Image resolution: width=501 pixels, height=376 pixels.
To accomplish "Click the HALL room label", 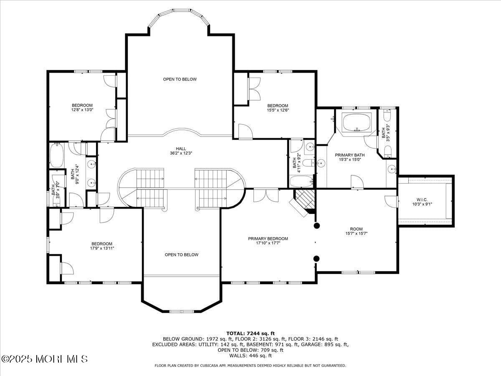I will (181, 148).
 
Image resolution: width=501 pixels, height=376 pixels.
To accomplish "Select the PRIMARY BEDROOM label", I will (268, 239).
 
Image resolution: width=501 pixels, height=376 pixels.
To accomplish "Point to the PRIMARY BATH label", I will (350, 155).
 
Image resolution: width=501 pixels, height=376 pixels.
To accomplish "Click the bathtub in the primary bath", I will (356, 122).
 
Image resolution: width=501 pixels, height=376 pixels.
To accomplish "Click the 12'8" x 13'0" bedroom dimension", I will (82, 110).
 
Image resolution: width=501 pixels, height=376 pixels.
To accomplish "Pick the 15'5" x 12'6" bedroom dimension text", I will (278, 110).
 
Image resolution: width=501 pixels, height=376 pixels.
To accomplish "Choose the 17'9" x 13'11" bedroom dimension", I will (102, 248).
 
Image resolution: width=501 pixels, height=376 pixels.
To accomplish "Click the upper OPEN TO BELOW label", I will (180, 79).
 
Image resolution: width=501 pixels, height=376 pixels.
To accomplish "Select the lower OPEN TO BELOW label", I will (181, 255).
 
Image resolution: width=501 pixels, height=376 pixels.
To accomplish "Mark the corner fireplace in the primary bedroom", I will (304, 201).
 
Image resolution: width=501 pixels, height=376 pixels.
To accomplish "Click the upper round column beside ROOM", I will (316, 226).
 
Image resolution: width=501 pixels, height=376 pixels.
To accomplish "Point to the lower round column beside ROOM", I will (316, 258).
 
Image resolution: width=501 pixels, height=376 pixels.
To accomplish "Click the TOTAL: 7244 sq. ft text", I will (250, 333).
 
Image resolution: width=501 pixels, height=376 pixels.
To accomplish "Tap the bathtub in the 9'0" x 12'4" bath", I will (57, 155).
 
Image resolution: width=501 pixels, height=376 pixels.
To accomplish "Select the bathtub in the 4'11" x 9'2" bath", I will (301, 181).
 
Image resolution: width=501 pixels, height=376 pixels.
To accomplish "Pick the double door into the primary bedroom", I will (266, 195).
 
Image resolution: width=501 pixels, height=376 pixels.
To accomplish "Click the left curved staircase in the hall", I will (142, 188).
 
